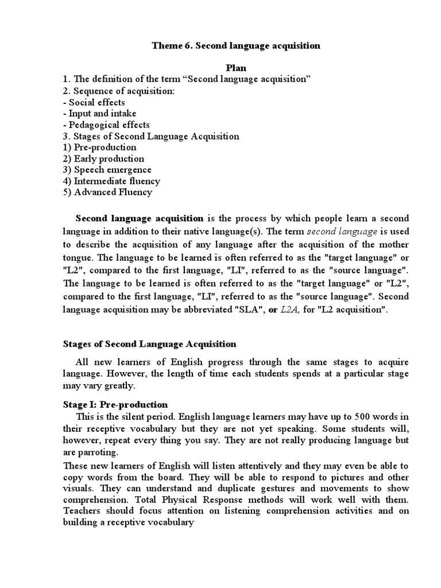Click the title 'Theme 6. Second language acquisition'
coord(235,46)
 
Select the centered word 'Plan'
coord(235,68)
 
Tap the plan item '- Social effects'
coord(94,102)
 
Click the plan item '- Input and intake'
coord(99,114)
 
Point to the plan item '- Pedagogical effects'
coord(106,125)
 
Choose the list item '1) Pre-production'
coord(99,148)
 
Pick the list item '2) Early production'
coord(103,158)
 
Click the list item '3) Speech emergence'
coord(107,170)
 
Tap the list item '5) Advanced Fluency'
coord(107,192)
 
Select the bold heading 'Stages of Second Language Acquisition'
coord(149,345)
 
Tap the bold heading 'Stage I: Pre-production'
coord(115,405)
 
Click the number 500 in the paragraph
coord(346,416)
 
